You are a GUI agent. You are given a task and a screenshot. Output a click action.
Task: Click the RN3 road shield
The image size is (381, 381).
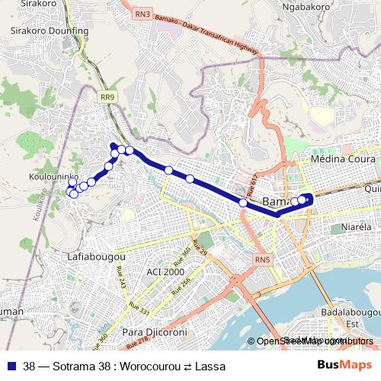tap(142, 14)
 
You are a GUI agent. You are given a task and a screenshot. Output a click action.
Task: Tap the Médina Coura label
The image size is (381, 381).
tap(344, 160)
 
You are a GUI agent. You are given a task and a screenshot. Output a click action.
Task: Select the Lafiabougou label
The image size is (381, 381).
tap(98, 256)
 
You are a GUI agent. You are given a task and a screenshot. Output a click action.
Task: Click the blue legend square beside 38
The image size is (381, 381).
tap(13, 367)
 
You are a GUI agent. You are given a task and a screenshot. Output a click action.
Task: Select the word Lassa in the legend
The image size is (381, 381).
tap(210, 367)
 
